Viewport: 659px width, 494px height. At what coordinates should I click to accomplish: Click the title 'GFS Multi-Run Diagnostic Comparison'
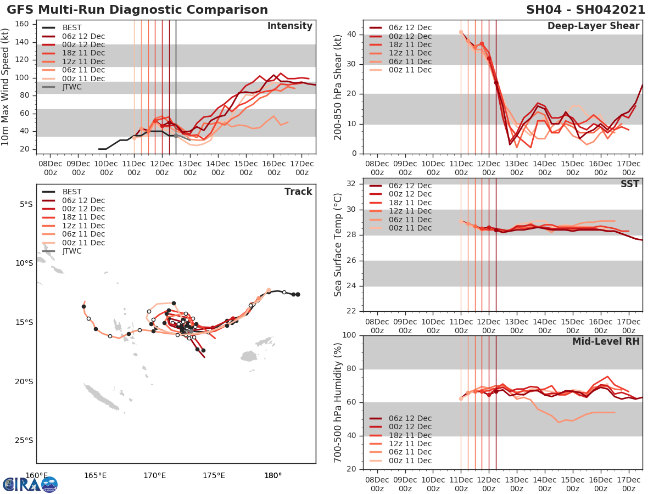click(137, 10)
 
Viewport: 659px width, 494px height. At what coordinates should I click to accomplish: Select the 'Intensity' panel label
click(289, 26)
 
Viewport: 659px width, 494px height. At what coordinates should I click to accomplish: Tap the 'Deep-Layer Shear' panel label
click(593, 26)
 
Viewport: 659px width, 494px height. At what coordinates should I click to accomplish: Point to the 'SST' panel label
click(629, 184)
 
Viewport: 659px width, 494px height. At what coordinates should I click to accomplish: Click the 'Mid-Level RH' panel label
click(606, 341)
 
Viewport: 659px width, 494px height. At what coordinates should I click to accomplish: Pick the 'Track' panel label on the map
click(298, 192)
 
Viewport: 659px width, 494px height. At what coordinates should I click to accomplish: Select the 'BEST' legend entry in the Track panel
click(72, 192)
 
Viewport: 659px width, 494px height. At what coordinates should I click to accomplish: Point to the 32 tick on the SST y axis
click(351, 184)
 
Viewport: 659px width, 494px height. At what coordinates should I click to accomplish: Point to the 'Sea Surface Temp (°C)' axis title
click(338, 245)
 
